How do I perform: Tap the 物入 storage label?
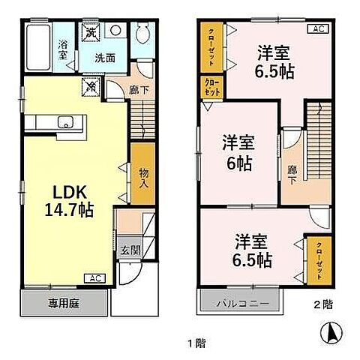pos(142,177)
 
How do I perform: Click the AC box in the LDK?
pos(95,279)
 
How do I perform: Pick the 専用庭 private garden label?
pos(64,304)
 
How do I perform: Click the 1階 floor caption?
pos(196,343)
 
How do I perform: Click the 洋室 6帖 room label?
pos(238,152)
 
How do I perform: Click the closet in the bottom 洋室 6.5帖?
pos(316,261)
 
